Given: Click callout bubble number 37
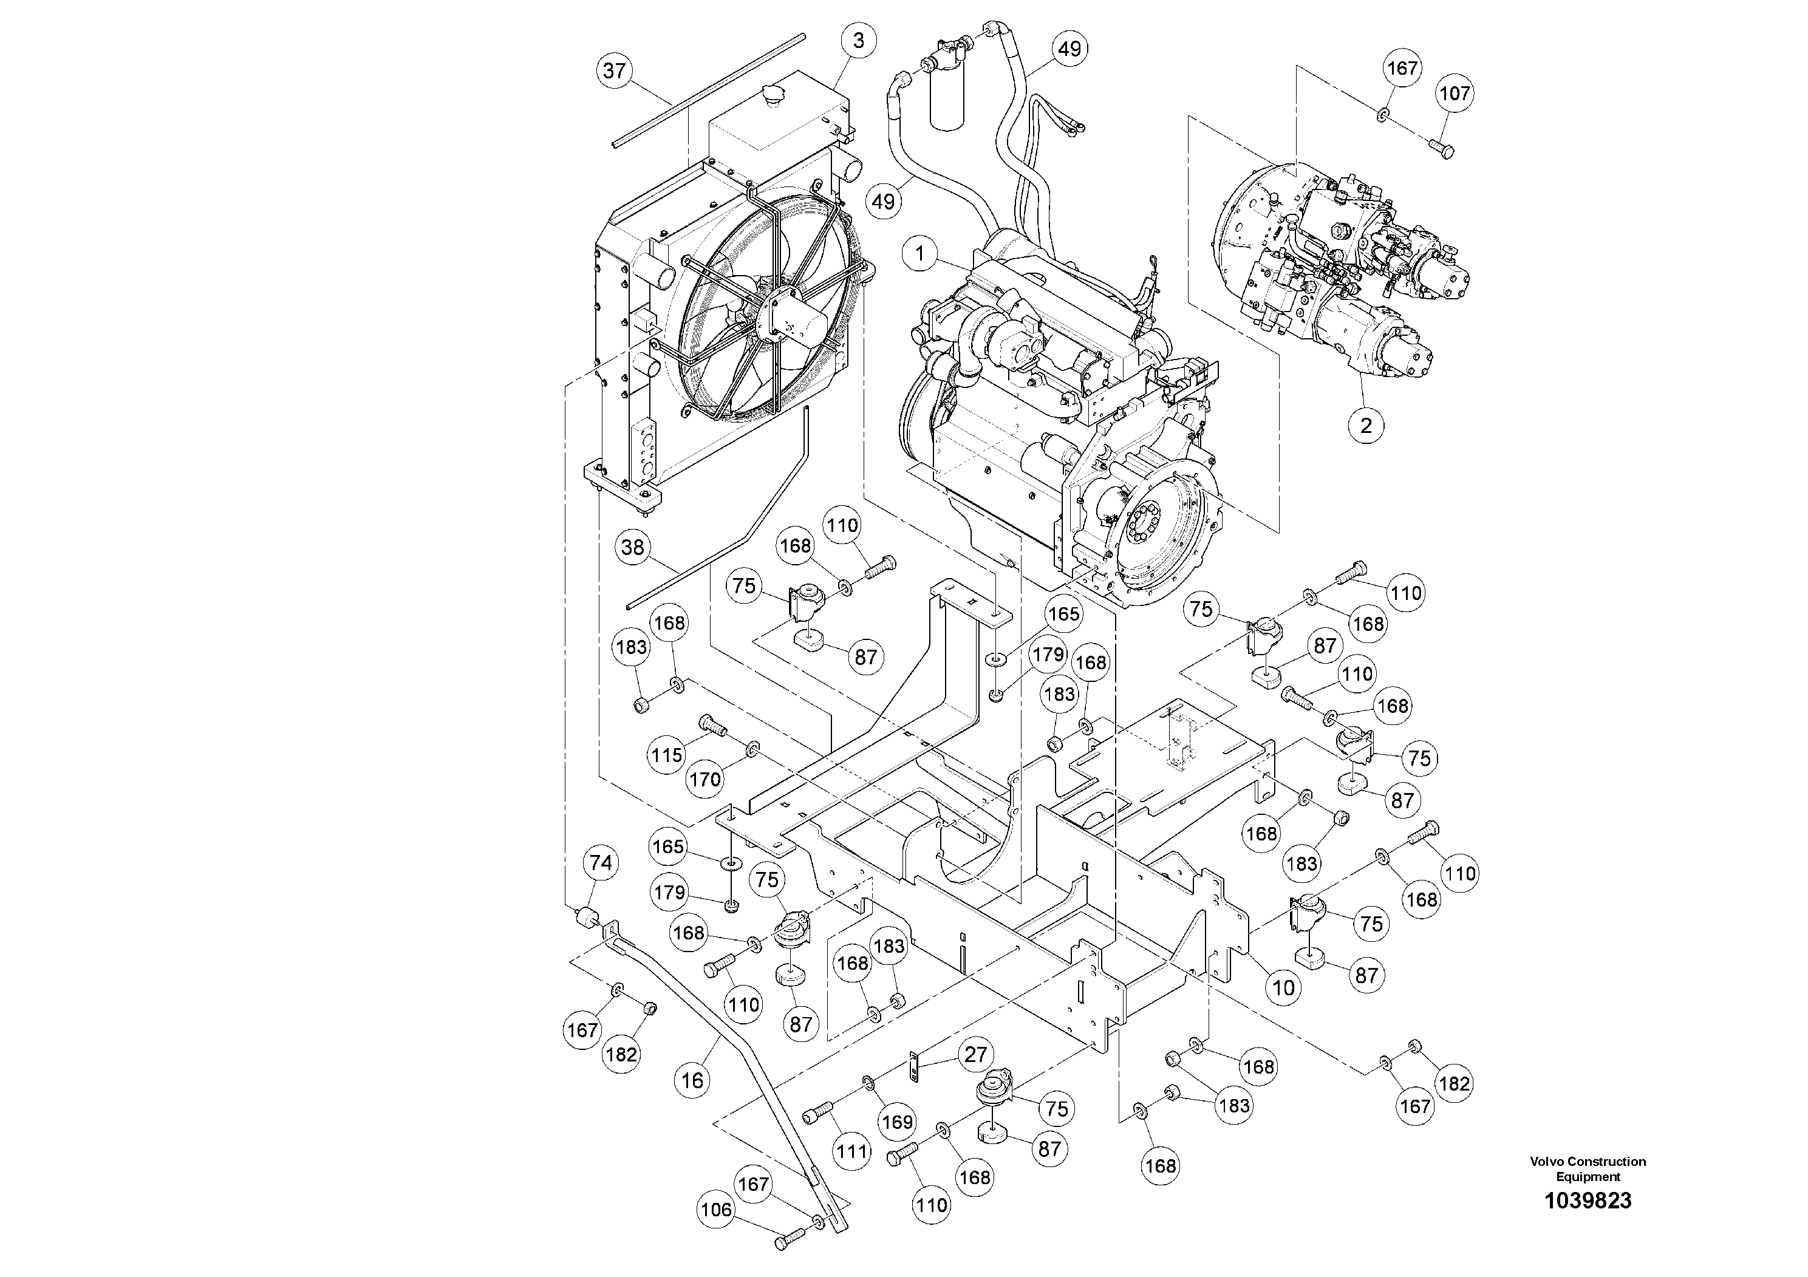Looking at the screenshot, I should click(614, 71).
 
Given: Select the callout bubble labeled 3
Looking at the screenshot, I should click(858, 41).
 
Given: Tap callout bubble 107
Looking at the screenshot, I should click(1455, 94).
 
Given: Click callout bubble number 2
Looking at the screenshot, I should click(1365, 426).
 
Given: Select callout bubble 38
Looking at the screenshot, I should click(632, 547).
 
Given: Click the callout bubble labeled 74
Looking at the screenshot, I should click(601, 863).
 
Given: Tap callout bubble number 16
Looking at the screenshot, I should click(693, 1080).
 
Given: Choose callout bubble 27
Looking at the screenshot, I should click(975, 1055).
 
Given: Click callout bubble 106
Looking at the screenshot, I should click(717, 1209).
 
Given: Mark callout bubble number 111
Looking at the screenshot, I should click(852, 1152).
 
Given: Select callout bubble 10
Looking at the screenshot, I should click(1283, 988).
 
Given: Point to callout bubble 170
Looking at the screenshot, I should click(704, 780).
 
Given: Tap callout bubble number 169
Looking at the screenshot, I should click(897, 1122).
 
